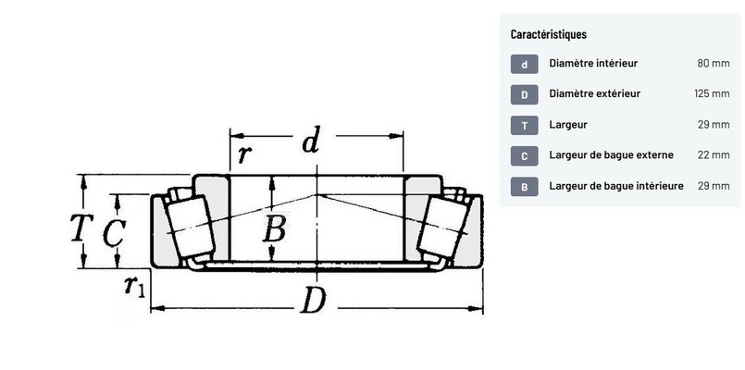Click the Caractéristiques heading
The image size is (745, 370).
click(548, 34)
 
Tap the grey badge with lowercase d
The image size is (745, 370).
click(525, 64)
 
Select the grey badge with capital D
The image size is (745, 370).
click(525, 94)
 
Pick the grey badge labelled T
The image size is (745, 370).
click(525, 126)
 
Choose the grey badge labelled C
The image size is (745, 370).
click(525, 155)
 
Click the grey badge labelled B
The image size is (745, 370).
click(525, 187)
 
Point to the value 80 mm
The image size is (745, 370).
click(714, 63)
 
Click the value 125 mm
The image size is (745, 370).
click(712, 93)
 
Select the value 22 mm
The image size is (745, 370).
click(714, 154)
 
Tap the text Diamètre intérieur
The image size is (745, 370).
click(593, 63)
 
